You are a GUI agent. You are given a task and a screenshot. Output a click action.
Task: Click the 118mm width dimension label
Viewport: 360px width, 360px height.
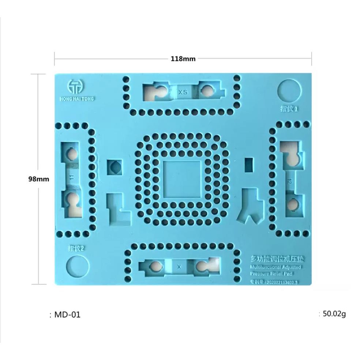click(x=183, y=59)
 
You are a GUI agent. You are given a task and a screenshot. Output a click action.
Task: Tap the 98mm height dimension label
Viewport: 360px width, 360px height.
click(x=38, y=179)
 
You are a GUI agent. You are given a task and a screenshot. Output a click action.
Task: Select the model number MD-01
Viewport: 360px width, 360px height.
click(x=67, y=314)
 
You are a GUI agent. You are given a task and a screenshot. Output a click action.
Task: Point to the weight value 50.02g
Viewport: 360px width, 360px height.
click(x=334, y=314)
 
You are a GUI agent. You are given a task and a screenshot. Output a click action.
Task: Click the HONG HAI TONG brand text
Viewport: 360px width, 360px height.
click(x=76, y=98)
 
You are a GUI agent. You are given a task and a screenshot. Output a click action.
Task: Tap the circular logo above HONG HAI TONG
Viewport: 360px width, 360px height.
click(x=76, y=86)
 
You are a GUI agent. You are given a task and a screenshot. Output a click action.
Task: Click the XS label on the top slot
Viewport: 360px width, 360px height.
click(x=183, y=93)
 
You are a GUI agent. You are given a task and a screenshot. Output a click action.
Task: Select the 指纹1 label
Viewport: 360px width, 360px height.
click(x=290, y=109)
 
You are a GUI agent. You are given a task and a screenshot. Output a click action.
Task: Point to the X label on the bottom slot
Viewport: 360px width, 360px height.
click(x=179, y=266)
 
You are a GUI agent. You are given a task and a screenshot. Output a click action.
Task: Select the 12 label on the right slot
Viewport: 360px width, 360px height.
click(x=290, y=181)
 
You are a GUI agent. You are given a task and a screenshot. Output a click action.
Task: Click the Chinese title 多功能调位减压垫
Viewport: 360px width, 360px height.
click(x=275, y=259)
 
